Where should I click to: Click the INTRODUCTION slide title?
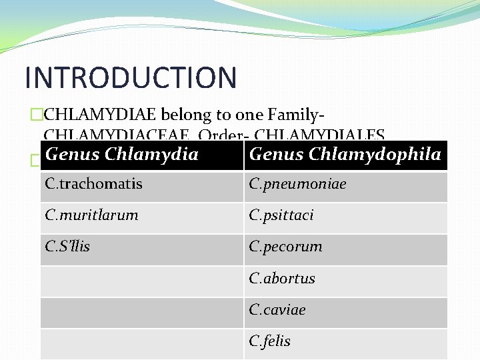point(130,77)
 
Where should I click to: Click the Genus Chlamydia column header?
point(122,155)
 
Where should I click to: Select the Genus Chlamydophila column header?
point(345,155)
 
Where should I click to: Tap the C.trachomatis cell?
point(94,183)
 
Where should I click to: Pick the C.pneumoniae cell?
point(297,183)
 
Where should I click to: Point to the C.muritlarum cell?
point(92,215)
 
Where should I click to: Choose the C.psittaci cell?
point(281,215)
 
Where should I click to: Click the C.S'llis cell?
point(67,246)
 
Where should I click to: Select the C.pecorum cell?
point(285,246)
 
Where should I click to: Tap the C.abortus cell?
point(282,278)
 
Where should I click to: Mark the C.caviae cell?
point(277,309)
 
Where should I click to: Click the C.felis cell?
point(270,341)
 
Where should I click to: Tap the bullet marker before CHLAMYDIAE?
point(37,115)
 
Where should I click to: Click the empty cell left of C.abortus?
point(141,281)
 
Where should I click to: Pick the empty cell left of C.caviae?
point(141,312)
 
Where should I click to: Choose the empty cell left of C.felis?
point(141,343)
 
